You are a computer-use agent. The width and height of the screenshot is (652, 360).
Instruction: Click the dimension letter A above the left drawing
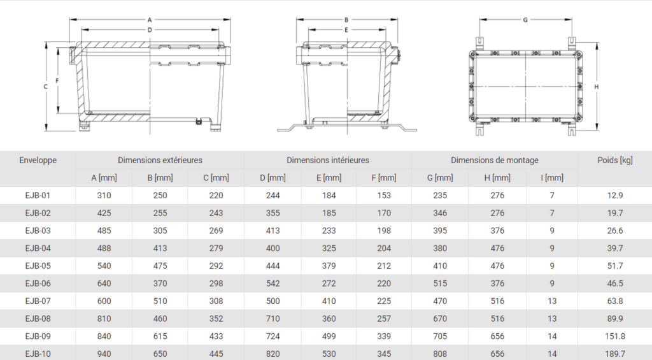point(150,20)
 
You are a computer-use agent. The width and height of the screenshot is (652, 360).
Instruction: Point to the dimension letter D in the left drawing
point(150,29)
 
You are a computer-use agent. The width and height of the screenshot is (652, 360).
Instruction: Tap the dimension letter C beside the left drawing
point(46,87)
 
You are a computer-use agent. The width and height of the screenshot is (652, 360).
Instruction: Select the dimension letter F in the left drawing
point(57,81)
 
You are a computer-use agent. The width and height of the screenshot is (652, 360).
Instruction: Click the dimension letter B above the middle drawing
point(346,20)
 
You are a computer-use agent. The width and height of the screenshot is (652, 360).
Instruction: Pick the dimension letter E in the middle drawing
point(346,29)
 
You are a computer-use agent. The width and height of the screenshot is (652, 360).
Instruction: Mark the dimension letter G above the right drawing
point(525,20)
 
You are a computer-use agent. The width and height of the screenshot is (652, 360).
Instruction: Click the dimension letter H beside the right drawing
point(596,87)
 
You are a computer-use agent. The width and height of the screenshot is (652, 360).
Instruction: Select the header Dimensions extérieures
point(160,160)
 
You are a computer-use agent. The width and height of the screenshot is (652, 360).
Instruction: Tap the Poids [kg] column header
point(615,160)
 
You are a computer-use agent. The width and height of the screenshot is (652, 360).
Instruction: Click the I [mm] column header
point(552,178)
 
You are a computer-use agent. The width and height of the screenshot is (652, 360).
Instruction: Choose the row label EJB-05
point(38,266)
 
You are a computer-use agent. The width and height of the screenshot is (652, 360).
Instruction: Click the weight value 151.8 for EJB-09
point(615,336)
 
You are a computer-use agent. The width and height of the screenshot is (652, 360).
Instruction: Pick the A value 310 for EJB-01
point(104,195)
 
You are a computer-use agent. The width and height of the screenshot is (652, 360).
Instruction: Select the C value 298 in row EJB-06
point(216,283)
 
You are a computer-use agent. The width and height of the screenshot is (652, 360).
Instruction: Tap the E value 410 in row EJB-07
point(329,301)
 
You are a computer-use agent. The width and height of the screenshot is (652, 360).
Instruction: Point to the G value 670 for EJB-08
point(440,319)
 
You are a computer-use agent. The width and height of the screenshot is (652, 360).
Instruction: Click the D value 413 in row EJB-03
point(273,230)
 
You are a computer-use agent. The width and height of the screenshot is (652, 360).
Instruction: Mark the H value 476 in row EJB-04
point(497,248)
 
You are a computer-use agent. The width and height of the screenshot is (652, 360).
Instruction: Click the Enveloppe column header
point(38,160)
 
